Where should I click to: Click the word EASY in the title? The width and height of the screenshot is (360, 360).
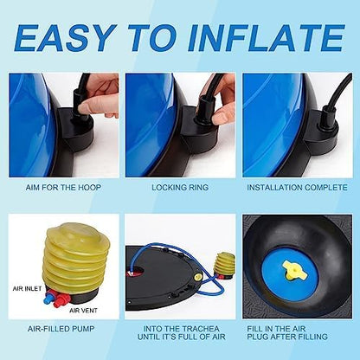point(63,38)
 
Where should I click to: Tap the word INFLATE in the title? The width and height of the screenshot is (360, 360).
point(267,38)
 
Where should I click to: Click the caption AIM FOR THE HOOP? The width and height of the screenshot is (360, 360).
point(63,188)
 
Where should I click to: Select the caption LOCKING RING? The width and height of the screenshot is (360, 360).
point(180,188)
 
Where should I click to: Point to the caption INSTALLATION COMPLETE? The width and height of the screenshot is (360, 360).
point(297,188)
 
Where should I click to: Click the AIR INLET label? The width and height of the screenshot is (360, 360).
point(27,288)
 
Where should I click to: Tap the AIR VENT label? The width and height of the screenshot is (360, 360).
point(83,311)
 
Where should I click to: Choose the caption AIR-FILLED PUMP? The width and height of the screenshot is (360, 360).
point(61,329)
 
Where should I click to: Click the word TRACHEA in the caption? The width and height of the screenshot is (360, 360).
point(201,329)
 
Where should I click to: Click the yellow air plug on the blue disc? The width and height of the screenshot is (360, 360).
point(294,270)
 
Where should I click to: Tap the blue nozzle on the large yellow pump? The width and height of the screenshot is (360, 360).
point(48,299)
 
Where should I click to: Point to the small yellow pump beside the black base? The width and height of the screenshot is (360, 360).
point(224,266)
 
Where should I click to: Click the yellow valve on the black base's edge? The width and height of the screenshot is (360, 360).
point(198,277)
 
